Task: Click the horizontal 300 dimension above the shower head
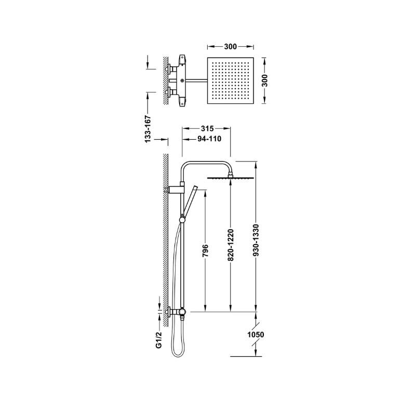tap(231, 47)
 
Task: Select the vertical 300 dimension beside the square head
tap(264, 81)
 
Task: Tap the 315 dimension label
tap(207, 128)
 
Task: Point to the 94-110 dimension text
tap(209, 139)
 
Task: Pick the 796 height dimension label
tap(205, 250)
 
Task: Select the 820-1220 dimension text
tap(231, 245)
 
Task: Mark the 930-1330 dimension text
tap(256, 240)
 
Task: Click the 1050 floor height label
tap(256, 335)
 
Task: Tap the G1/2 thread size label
tap(159, 339)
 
